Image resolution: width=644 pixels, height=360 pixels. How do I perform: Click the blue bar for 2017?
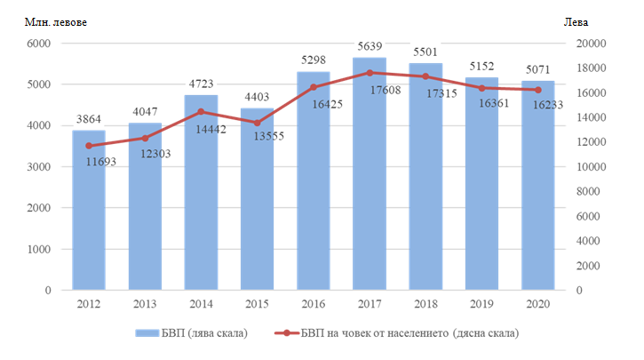coord(369,178)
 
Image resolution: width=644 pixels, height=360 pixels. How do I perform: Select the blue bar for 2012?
coord(89,213)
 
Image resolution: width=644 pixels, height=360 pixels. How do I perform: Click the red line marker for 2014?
coord(201,112)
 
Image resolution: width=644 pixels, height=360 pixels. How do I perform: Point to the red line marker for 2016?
coord(313,87)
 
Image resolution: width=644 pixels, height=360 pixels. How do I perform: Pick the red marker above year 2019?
coord(481,88)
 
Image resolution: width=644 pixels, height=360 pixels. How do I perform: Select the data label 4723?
coord(201,86)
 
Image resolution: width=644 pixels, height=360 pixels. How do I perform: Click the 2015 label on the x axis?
coord(257,304)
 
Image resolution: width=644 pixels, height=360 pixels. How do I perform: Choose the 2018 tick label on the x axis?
coord(425,304)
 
